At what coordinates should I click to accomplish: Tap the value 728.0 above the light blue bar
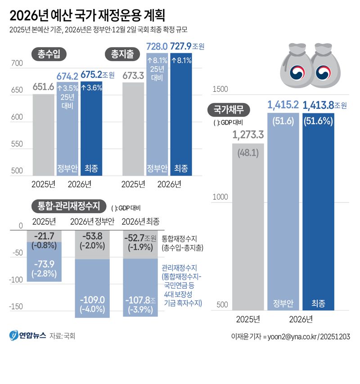[157, 46]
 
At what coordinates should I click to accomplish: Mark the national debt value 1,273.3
[248, 134]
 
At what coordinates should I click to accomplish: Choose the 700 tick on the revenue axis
[17, 64]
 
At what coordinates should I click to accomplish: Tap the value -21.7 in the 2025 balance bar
[44, 236]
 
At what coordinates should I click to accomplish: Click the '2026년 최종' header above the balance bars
[140, 221]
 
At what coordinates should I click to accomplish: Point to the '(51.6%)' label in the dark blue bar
[319, 121]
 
